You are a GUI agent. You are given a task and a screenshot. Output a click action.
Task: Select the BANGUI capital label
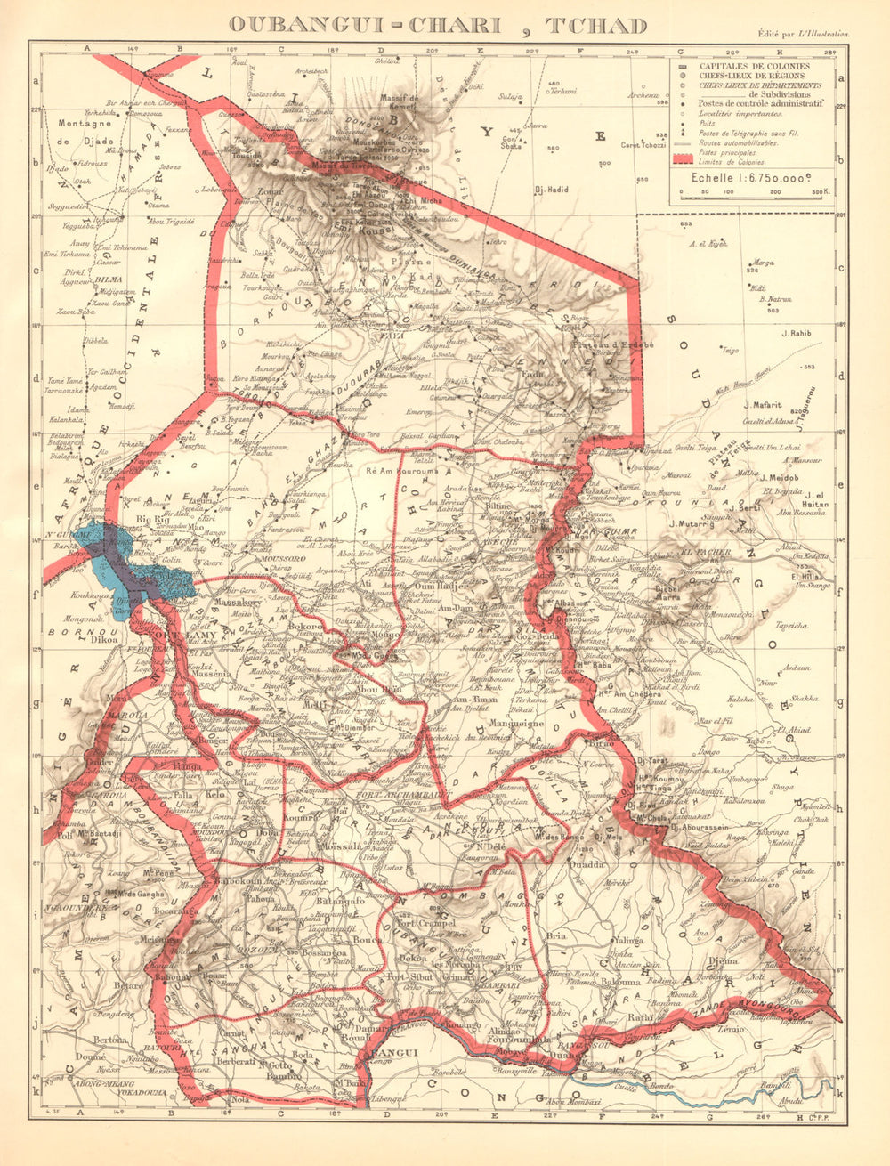point(390,1053)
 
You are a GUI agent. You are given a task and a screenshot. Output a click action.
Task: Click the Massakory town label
point(234,603)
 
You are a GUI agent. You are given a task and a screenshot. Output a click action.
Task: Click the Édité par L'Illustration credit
point(801,33)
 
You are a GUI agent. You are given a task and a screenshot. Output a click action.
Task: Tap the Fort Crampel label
point(419,923)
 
